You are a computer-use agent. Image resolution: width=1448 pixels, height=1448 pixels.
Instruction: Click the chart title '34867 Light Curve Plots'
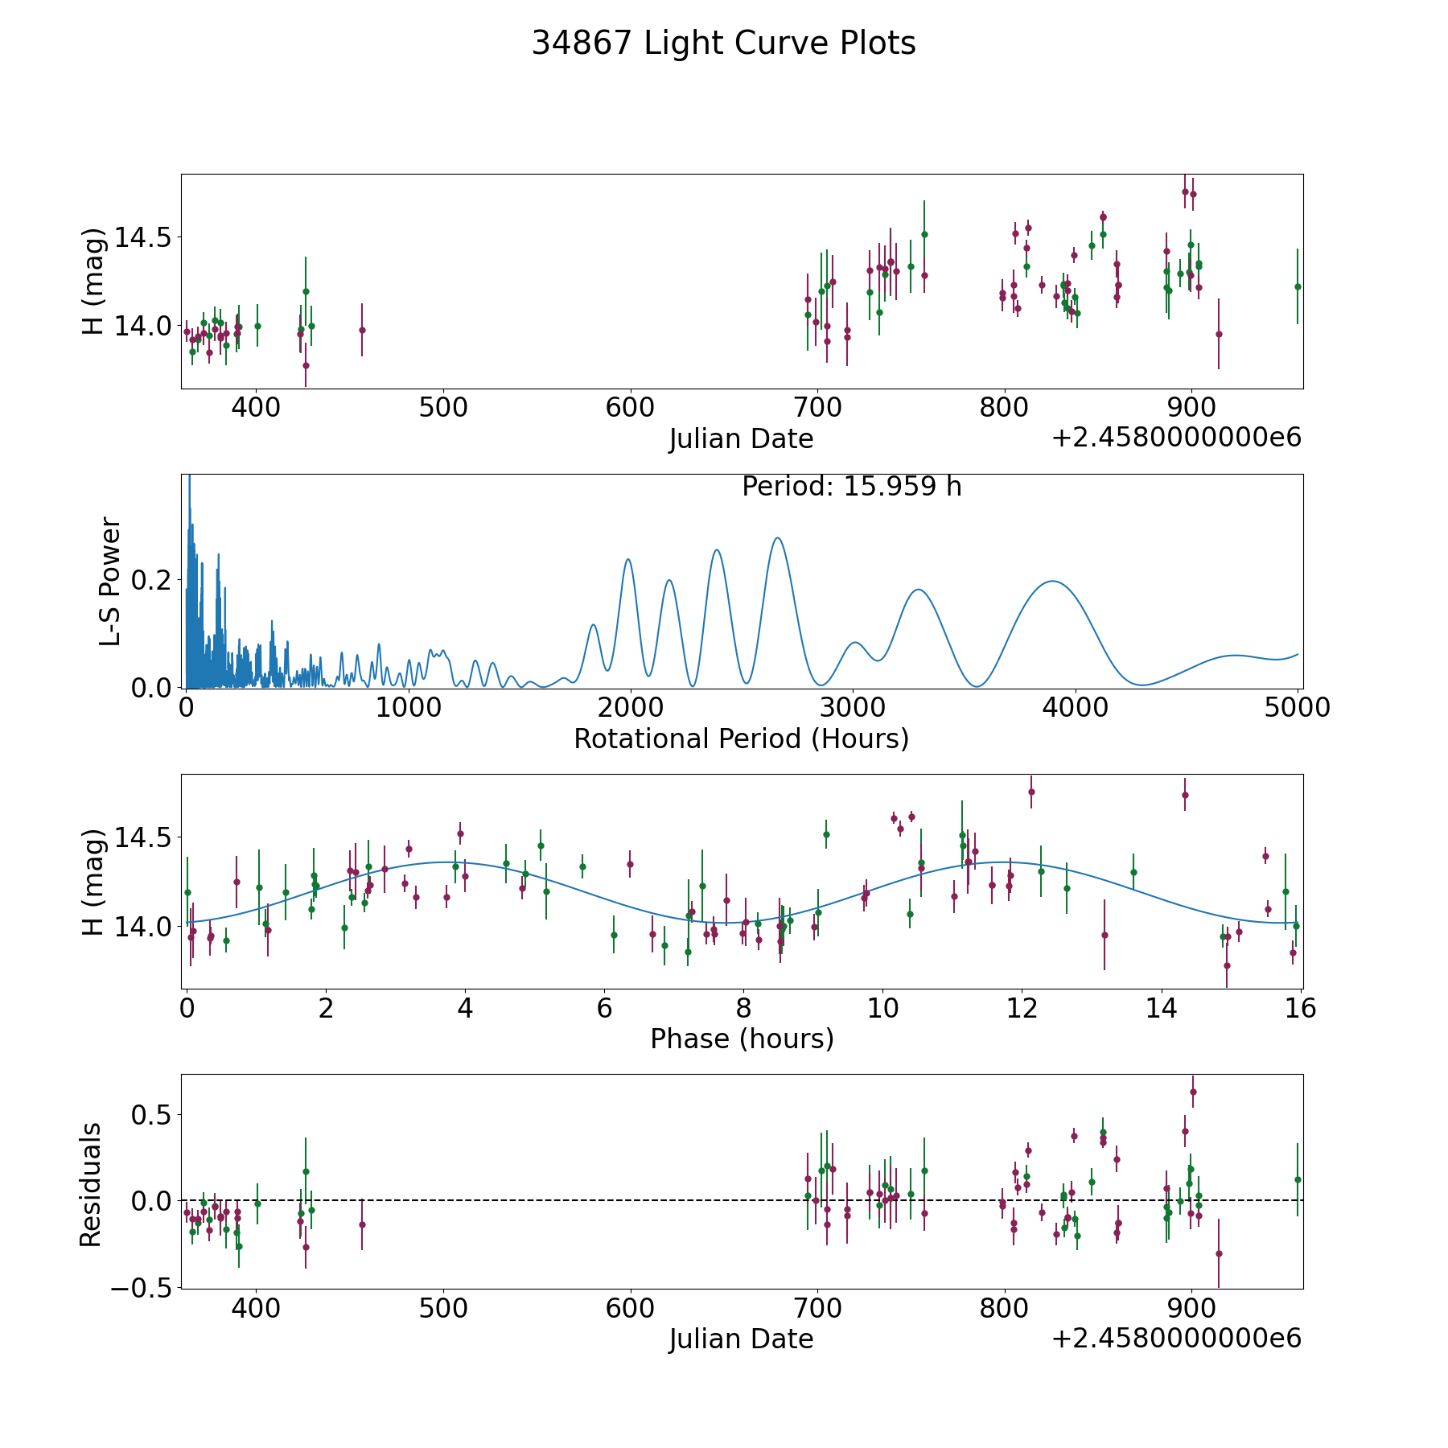coord(723,43)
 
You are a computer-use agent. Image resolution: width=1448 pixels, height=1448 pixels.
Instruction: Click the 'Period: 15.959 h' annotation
coord(851,487)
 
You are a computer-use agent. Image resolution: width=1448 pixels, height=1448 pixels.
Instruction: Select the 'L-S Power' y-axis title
coord(110,581)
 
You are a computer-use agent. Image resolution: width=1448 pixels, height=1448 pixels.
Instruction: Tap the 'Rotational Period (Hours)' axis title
coord(741,738)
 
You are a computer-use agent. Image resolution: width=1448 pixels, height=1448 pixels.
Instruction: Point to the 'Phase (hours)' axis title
coord(742,1039)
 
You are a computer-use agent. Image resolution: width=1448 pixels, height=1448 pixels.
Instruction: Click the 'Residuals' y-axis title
coord(91,1184)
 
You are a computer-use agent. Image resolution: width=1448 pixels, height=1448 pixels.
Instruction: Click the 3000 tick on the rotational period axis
coord(853,707)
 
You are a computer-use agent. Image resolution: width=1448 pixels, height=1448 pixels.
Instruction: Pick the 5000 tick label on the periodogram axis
coord(1297,707)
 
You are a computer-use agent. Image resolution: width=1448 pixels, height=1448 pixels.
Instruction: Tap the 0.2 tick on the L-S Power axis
coord(154,580)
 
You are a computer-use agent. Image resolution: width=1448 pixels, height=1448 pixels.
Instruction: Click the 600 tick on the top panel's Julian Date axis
coord(630,407)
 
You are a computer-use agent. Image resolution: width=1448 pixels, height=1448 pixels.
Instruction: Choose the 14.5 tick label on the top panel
coord(143,238)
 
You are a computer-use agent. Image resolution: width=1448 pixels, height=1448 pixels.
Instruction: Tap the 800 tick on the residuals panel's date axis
coord(1005,1308)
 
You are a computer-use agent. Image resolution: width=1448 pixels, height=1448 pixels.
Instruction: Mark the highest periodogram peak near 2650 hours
coord(777,537)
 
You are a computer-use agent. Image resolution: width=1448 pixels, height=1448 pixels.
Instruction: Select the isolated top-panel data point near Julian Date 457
coord(362,330)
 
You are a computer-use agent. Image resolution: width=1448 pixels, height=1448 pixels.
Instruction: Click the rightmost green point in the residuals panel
coord(1298,1179)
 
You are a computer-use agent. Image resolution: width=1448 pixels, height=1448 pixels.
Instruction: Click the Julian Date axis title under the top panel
coord(741,439)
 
